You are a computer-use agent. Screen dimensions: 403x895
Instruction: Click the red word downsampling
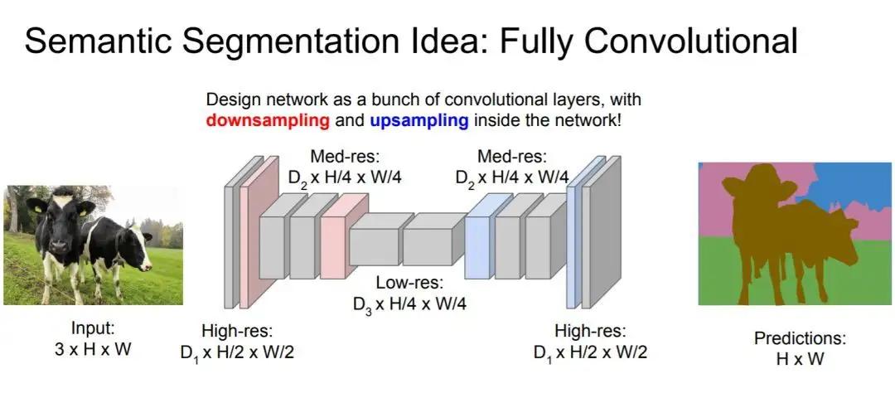268,121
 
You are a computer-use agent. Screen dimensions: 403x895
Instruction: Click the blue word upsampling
419,121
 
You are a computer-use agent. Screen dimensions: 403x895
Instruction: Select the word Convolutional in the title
680,41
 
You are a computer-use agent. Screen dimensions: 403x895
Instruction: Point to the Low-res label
409,283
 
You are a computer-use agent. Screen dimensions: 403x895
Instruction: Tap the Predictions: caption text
800,338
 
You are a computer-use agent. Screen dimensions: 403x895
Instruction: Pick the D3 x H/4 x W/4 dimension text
409,303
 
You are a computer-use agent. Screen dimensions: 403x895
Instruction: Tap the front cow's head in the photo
58,224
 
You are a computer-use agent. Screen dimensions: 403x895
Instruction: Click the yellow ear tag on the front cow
85,211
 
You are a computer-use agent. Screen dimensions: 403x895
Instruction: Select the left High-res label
237,331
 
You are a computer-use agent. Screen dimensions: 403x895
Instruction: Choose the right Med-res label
511,155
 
